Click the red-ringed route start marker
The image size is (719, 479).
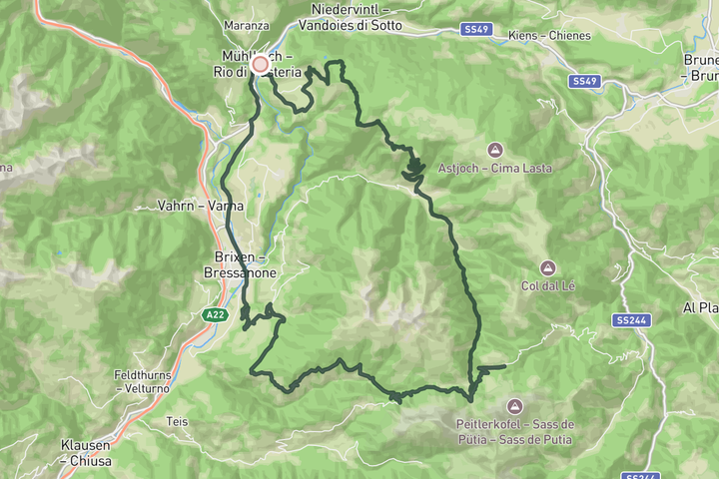[x=261, y=64]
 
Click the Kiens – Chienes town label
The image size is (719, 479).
[x=549, y=36]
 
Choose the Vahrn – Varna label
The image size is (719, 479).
[x=200, y=206]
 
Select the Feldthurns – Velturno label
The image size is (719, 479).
[x=148, y=381]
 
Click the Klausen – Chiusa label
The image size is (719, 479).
[x=91, y=454]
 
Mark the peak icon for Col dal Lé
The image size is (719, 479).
[x=547, y=267]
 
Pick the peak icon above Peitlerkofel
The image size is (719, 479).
[x=514, y=405]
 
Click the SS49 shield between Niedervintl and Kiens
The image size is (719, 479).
[x=477, y=31]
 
